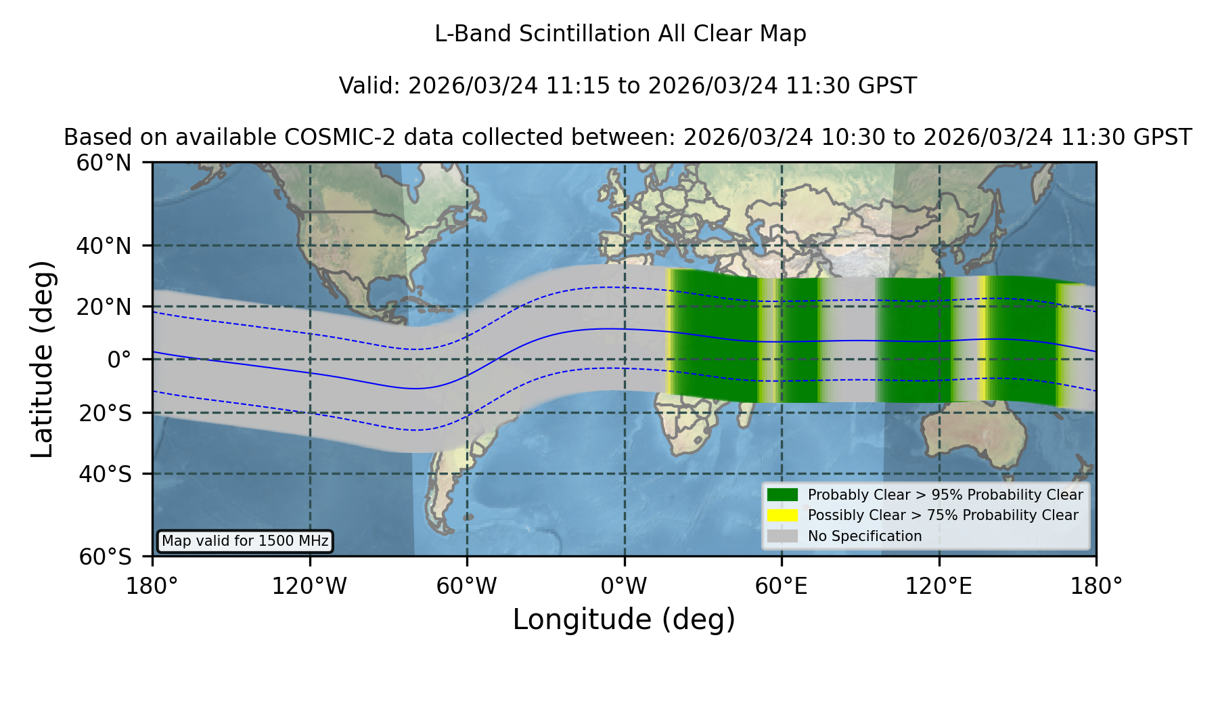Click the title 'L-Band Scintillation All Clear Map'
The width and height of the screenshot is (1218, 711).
pyautogui.click(x=621, y=34)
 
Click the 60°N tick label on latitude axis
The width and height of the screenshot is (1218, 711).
pyautogui.click(x=104, y=163)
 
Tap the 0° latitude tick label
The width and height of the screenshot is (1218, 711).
pyautogui.click(x=120, y=359)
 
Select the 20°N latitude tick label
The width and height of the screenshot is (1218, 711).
pyautogui.click(x=104, y=307)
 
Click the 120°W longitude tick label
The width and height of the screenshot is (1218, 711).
pyautogui.click(x=309, y=586)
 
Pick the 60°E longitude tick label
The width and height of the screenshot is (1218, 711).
pyautogui.click(x=782, y=586)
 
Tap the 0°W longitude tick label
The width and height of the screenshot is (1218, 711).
pyautogui.click(x=624, y=586)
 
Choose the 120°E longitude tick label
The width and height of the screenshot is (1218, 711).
pyautogui.click(x=939, y=586)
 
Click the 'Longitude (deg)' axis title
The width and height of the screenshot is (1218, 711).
pyautogui.click(x=624, y=620)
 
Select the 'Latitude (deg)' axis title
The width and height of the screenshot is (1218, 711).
pyautogui.click(x=43, y=359)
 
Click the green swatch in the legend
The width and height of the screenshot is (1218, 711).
pyautogui.click(x=783, y=495)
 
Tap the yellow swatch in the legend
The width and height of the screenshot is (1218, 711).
pyautogui.click(x=783, y=515)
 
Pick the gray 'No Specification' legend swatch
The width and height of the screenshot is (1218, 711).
pyautogui.click(x=783, y=536)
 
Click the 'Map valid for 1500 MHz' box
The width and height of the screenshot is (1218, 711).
pyautogui.click(x=245, y=541)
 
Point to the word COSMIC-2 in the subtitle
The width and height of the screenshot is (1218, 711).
pyautogui.click(x=329, y=137)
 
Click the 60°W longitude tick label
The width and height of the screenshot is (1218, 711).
pyautogui.click(x=467, y=586)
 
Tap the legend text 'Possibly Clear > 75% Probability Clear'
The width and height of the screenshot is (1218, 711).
pyautogui.click(x=943, y=515)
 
